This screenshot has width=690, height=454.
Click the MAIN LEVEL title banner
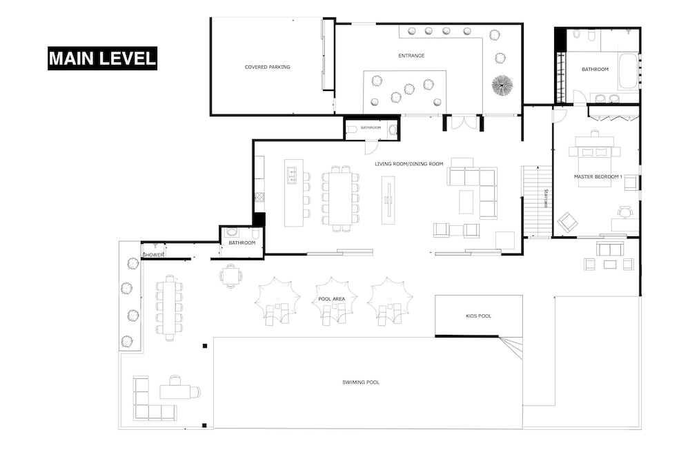click(102, 59)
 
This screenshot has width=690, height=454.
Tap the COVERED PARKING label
click(267, 68)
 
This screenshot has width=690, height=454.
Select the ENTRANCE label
click(411, 56)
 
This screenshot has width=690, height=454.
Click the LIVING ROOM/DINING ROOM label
click(408, 164)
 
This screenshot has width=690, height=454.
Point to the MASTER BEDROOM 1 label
click(598, 176)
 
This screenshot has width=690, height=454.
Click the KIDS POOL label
click(478, 316)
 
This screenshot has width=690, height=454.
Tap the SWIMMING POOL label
click(361, 382)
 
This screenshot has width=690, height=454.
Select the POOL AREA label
click(331, 299)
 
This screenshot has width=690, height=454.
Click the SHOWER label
click(152, 255)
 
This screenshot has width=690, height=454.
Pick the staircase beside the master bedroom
click(537, 202)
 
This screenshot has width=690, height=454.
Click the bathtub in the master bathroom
click(628, 72)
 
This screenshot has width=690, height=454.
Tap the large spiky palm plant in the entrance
click(502, 85)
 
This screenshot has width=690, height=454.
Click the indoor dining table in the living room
click(341, 198)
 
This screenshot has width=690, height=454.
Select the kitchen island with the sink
click(294, 193)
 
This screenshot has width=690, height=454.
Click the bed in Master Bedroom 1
click(595, 161)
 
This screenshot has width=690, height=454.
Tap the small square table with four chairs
click(230, 276)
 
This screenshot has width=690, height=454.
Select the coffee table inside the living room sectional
click(466, 202)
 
